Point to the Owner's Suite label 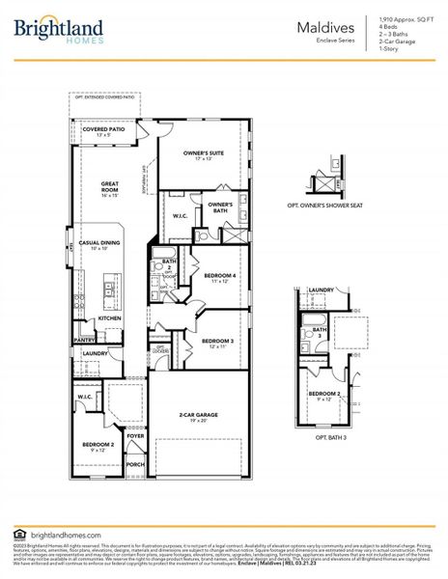203,154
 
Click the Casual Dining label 106,245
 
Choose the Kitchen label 109,317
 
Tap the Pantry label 85,340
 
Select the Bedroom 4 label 220,278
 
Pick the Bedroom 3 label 217,342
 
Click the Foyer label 135,436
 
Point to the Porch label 135,464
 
